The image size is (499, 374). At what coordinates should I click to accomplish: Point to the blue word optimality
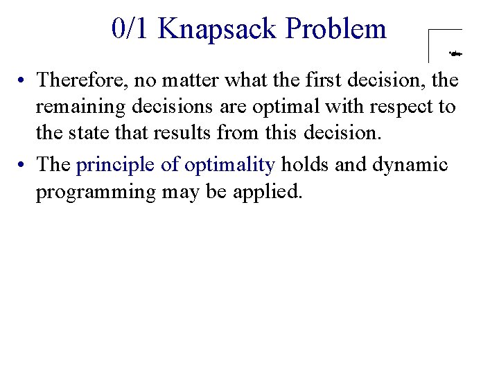point(230,165)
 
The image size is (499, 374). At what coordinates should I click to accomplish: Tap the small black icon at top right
point(455,52)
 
